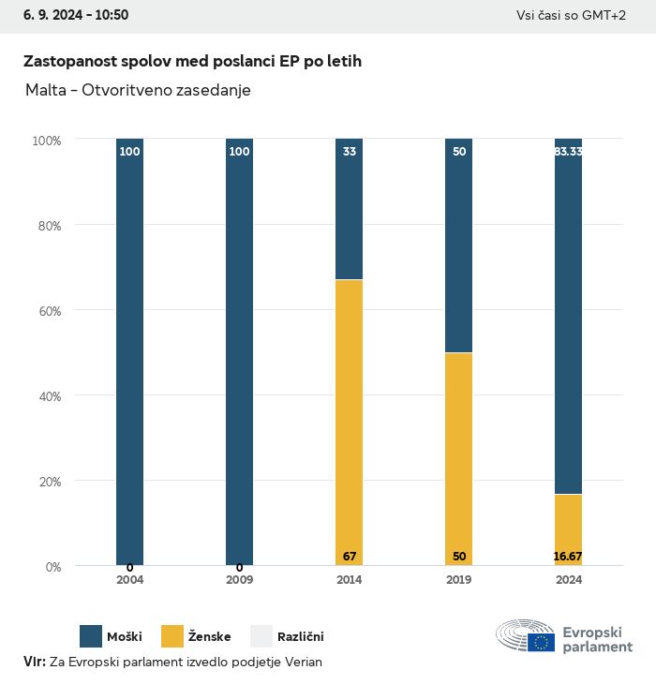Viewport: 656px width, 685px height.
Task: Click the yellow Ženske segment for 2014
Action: (350, 422)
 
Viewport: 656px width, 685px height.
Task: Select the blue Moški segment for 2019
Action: (459, 246)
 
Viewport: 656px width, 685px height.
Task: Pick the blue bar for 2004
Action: (130, 351)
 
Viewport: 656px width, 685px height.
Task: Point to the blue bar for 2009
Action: (240, 351)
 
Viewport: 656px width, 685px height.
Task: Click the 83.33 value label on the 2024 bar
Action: (568, 151)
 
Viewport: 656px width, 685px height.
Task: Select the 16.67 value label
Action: (568, 557)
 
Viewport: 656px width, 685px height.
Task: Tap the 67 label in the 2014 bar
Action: (350, 557)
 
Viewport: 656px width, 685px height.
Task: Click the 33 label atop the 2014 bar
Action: (350, 151)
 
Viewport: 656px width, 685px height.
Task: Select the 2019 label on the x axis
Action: (459, 580)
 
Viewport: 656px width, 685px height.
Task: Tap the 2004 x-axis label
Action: (130, 580)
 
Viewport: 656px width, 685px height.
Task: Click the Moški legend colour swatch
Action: (91, 637)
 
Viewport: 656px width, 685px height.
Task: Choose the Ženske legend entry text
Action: (209, 637)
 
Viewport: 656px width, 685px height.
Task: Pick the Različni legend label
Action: (301, 637)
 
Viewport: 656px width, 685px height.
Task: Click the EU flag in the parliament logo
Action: (541, 642)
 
